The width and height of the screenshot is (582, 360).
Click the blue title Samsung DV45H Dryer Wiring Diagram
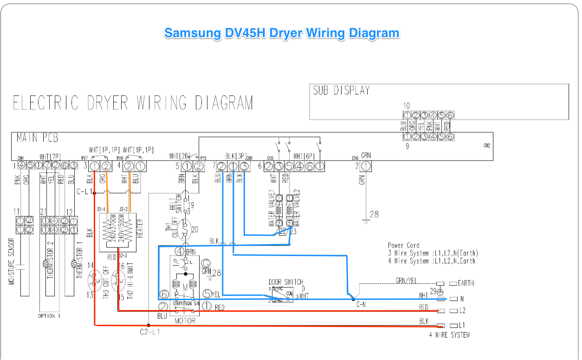[x=281, y=33]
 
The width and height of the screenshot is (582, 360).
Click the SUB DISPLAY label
[x=341, y=91]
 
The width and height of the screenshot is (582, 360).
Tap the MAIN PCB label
[x=37, y=138]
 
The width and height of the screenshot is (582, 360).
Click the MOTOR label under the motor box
[x=185, y=321]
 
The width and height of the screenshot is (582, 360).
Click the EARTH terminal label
[x=466, y=283]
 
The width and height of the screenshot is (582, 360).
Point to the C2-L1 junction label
[x=150, y=332]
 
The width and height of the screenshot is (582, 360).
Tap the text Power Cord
[x=403, y=245]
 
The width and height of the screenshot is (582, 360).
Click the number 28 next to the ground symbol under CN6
[x=374, y=214]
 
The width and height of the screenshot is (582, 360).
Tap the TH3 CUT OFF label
[x=106, y=282]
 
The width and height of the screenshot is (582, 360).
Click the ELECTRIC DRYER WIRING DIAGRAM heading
[x=133, y=103]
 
